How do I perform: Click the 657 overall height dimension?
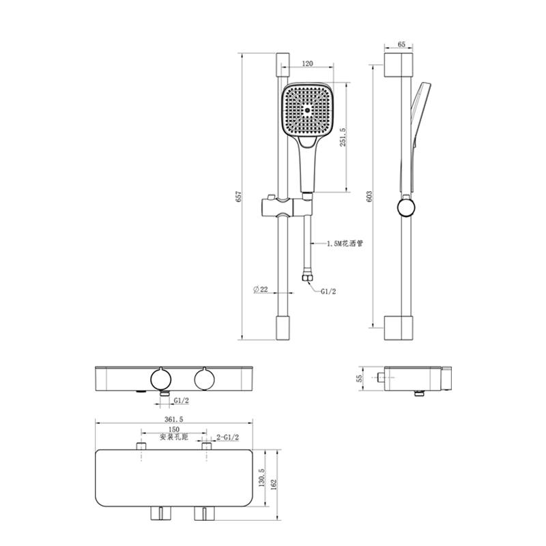click(238, 197)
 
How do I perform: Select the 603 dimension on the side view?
click(369, 197)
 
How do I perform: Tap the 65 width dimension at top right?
click(401, 44)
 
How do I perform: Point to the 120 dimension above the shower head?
click(308, 63)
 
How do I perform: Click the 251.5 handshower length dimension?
click(343, 137)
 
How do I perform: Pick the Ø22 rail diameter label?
click(261, 289)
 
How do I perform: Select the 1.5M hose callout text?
click(345, 244)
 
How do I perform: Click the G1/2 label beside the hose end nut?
click(328, 291)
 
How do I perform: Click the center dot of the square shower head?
click(307, 111)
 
